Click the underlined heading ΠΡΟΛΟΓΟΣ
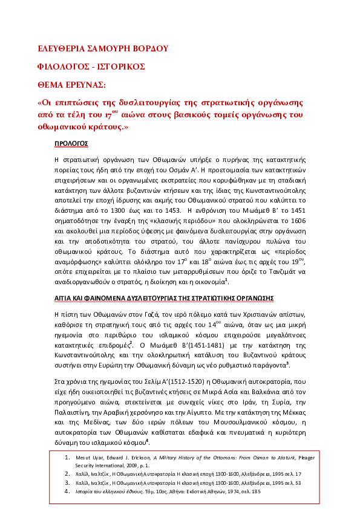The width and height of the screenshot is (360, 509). (x=71, y=143)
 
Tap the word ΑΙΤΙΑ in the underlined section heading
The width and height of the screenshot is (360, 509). (x=64, y=298)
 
